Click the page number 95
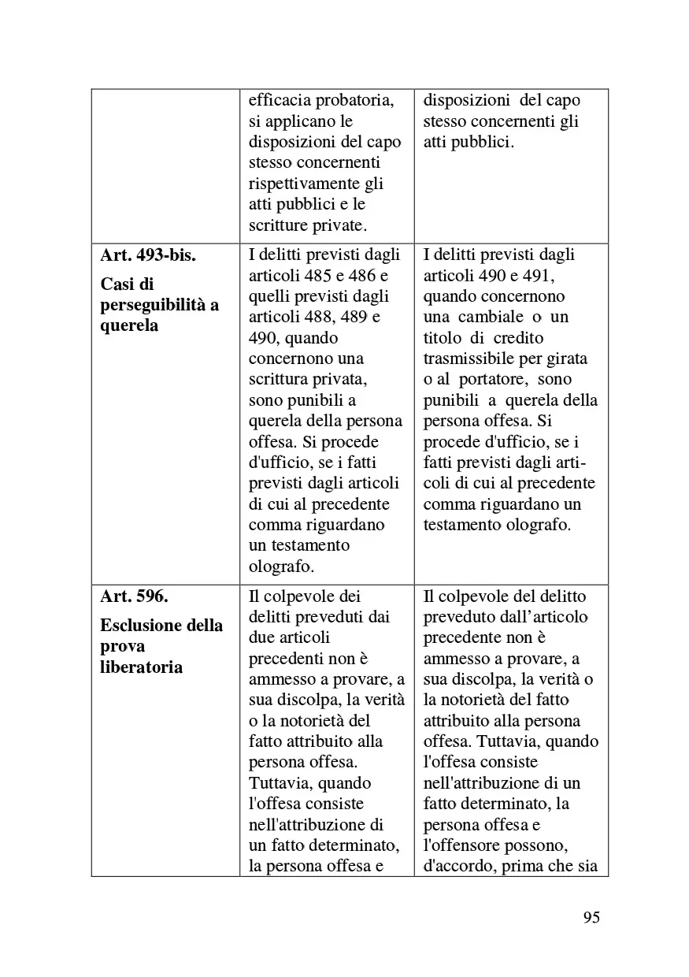(591, 917)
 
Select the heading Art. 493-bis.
(148, 256)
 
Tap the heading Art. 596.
(135, 596)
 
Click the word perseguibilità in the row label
(154, 305)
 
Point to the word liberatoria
(142, 667)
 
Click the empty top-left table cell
(165, 166)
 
